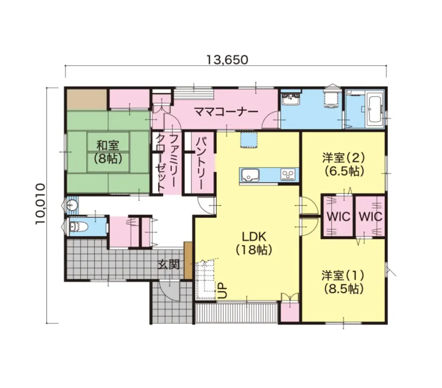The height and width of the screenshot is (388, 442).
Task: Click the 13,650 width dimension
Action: pos(227,60)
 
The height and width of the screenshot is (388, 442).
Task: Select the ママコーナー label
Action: pos(226,112)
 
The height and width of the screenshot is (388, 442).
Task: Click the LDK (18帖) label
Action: pos(254,243)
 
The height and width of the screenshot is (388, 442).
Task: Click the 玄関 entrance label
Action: pos(168,265)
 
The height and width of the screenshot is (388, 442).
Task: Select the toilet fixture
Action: pos(78,227)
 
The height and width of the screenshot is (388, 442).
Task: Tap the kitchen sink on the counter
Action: pos(250,175)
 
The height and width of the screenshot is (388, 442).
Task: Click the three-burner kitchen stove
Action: pos(288,174)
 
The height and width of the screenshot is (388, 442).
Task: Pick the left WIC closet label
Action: pos(338,217)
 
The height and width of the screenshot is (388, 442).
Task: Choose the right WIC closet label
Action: pos(371,217)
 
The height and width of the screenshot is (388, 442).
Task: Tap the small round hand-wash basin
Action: pos(70,205)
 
